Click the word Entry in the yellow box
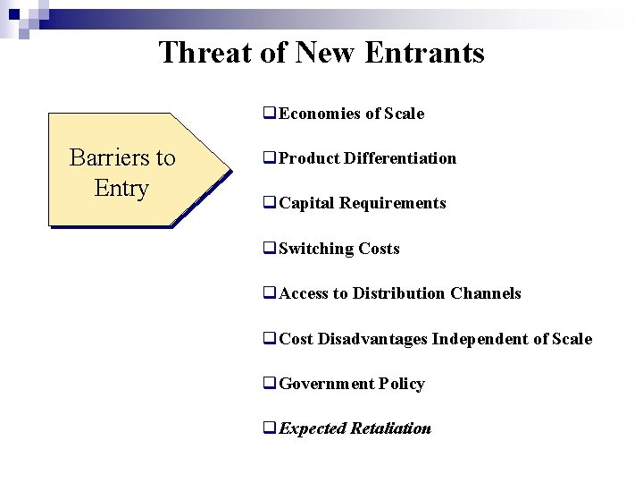click(121, 189)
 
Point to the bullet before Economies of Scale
click(270, 114)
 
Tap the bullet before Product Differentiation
click(270, 158)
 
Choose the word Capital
click(306, 203)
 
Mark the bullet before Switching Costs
click(270, 249)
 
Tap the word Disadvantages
click(373, 339)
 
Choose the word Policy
click(401, 384)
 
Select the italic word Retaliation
click(391, 428)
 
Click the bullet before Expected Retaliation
click(270, 428)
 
